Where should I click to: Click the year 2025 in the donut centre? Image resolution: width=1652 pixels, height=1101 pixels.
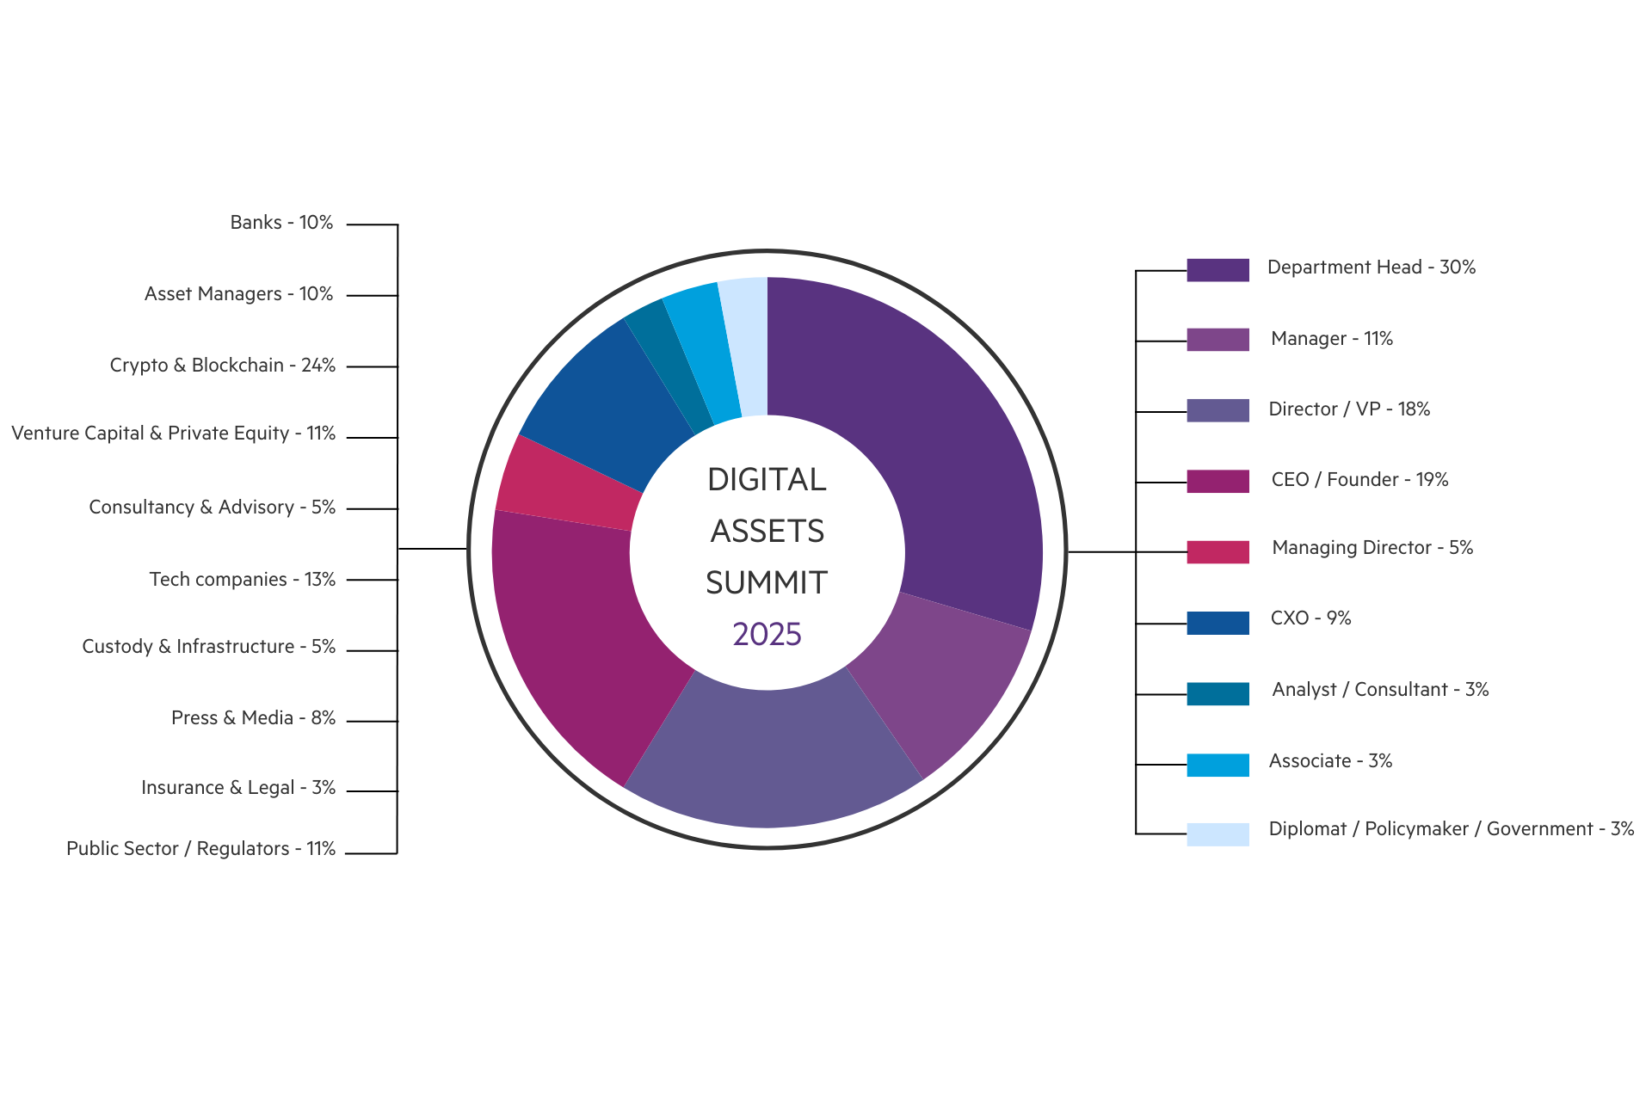tap(767, 635)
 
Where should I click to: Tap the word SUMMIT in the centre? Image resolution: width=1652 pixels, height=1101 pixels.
tap(767, 583)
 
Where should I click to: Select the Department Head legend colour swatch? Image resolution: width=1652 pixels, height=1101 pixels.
tap(1217, 270)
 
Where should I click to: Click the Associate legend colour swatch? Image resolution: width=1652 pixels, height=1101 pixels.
tap(1217, 765)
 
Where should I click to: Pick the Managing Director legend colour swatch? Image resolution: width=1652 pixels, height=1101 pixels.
tap(1217, 552)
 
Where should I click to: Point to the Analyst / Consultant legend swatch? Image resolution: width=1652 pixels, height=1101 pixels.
tap(1217, 693)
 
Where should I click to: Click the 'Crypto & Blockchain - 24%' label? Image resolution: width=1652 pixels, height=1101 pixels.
tap(223, 366)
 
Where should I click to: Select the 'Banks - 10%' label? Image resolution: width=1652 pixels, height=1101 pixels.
tap(281, 223)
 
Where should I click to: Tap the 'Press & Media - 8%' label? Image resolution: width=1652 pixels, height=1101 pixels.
tap(253, 718)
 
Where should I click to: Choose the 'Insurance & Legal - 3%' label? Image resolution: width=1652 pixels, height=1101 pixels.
tap(238, 788)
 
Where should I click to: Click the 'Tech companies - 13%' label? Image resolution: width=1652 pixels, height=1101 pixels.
tap(243, 580)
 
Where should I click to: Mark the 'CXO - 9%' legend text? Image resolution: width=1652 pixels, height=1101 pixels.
tap(1310, 618)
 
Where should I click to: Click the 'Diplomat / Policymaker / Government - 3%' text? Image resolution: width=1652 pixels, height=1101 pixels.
tap(1451, 829)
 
